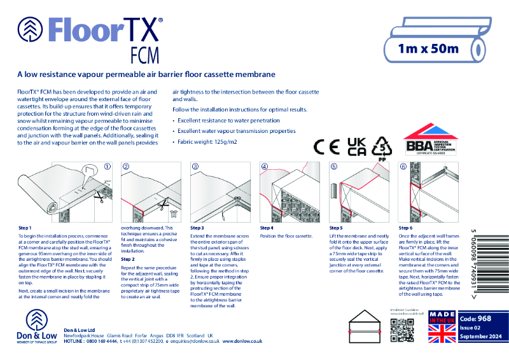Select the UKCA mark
point(356,146)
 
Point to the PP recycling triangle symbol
point(382,147)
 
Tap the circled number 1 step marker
point(108,167)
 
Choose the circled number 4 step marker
point(265,167)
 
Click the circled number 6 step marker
point(403,167)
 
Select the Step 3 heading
point(197,228)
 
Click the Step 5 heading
point(336,228)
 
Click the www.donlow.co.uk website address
point(242,342)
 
